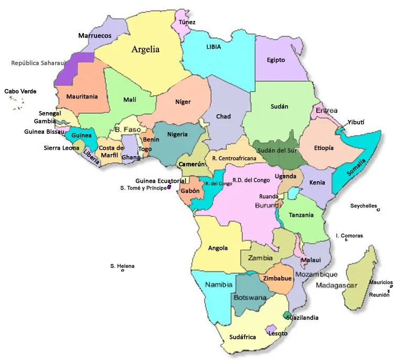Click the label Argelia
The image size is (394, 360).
coord(145,50)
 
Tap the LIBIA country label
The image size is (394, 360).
coord(214,47)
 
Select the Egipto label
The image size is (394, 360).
coord(275,60)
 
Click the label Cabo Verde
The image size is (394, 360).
coord(20,91)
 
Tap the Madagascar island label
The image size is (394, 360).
coord(336,286)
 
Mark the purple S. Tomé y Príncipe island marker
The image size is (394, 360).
coord(169,187)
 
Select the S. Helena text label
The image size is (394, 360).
coord(122,266)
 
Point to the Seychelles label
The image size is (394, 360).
coord(364,205)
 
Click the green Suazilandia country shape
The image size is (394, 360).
coord(286,314)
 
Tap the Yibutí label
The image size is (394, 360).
coord(356,122)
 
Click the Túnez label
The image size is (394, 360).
coord(187,22)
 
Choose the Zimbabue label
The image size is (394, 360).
coord(277,278)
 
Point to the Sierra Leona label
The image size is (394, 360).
coord(61,148)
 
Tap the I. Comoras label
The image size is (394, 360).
coord(349,236)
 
